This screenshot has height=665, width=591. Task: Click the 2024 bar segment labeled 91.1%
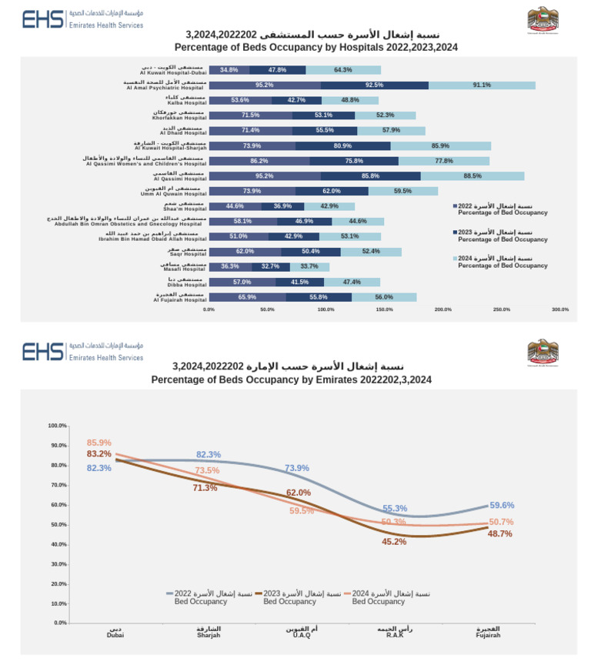click(x=482, y=85)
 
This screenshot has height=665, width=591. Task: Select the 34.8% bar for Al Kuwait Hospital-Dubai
click(x=229, y=70)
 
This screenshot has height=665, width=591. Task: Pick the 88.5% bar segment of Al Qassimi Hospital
click(x=472, y=175)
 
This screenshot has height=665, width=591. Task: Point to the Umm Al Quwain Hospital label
click(x=174, y=191)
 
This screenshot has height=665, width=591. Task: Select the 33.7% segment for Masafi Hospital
click(x=309, y=266)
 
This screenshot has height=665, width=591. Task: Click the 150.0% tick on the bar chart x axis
click(x=384, y=309)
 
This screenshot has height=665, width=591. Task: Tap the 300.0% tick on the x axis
click(x=559, y=309)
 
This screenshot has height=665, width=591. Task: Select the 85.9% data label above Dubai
click(x=99, y=443)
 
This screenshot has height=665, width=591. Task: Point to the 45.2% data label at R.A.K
click(x=394, y=542)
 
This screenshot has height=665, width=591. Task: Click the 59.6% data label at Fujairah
click(x=501, y=505)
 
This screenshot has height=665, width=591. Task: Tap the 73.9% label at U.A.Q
click(x=297, y=468)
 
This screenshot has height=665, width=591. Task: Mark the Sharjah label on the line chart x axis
click(x=209, y=633)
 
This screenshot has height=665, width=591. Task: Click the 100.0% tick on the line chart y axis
click(x=58, y=426)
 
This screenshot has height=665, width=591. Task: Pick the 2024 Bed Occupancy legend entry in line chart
click(x=390, y=597)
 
